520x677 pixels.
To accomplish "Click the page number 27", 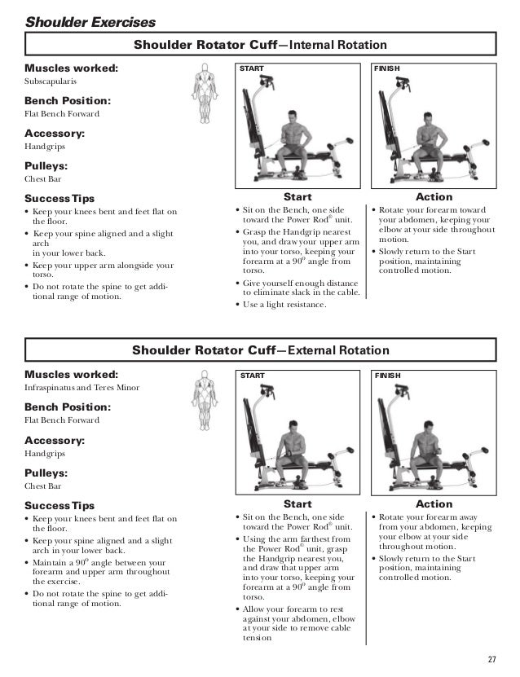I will [491, 658].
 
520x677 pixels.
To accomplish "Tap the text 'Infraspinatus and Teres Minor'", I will [82, 388].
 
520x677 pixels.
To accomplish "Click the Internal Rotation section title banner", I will [260, 45].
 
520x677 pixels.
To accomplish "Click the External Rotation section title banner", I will [260, 350].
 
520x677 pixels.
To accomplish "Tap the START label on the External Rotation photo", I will [251, 376].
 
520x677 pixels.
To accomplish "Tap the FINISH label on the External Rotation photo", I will [387, 376].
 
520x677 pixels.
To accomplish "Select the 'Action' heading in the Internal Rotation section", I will [434, 197].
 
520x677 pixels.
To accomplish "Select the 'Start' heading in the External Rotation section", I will [297, 504].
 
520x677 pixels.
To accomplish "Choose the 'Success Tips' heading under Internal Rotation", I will [59, 198].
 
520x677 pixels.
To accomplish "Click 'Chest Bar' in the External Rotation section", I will [43, 486].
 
